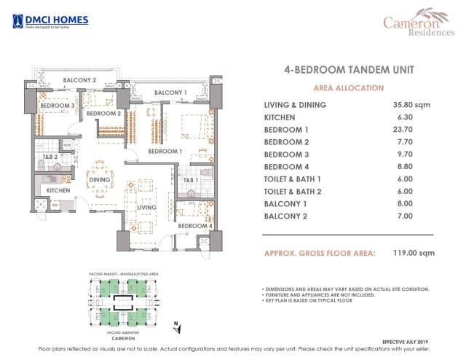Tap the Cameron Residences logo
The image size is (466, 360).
click(419, 24)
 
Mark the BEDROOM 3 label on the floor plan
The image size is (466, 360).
click(57, 106)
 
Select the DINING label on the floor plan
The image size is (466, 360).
click(99, 180)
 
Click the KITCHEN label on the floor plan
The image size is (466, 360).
click(58, 190)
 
